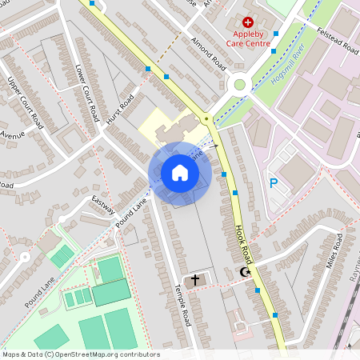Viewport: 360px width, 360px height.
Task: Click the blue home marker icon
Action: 180,173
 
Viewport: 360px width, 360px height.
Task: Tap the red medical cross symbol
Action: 247,23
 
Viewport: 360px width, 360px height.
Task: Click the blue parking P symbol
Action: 273,183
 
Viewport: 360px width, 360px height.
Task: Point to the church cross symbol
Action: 195,280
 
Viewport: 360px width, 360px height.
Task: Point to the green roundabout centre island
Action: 238,85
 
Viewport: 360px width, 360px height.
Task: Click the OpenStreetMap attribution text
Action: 80,354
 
